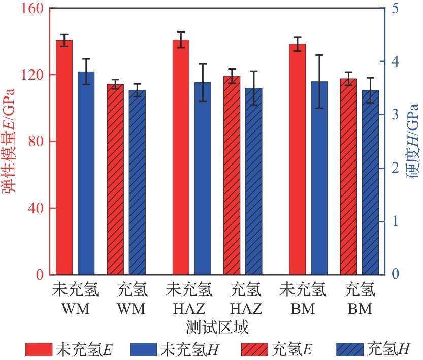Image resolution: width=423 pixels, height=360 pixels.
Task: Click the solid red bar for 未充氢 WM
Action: pos(64,157)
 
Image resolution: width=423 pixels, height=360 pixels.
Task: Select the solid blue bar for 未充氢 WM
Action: pos(86,173)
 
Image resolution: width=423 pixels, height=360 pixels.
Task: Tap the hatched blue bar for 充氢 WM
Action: pos(137,182)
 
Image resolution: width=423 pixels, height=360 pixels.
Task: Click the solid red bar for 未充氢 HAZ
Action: pos(181,157)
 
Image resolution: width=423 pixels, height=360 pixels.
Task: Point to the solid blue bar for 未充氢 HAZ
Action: pos(203,178)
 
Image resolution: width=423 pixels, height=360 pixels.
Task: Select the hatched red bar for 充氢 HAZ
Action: pos(232,175)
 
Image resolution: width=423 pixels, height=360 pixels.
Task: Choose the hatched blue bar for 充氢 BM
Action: pos(370,182)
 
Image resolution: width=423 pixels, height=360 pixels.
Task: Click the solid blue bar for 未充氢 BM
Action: pos(319,178)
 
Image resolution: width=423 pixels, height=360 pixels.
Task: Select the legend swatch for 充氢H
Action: pos(350,349)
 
